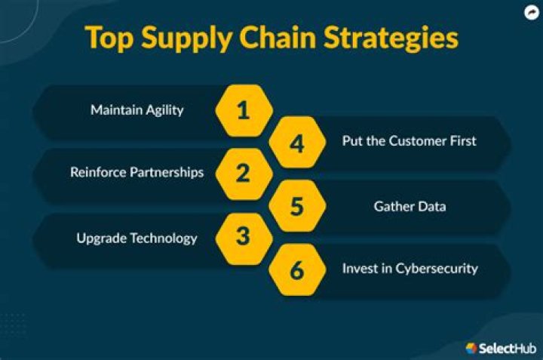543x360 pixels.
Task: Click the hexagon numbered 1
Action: (243, 112)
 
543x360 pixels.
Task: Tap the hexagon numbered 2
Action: (243, 174)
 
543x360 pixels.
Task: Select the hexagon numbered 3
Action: (243, 237)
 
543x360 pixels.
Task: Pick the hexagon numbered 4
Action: (297, 143)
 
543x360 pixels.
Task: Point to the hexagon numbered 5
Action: (297, 205)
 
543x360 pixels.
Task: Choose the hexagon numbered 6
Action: (297, 269)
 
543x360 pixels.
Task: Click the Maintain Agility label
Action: (137, 110)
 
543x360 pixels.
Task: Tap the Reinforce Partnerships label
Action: (137, 172)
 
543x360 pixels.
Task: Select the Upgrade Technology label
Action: (137, 238)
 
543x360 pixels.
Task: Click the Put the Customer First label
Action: (410, 141)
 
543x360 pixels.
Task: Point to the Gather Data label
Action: (410, 205)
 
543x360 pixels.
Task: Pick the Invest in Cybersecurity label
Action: (410, 269)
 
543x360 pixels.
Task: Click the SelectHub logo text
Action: (506, 348)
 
